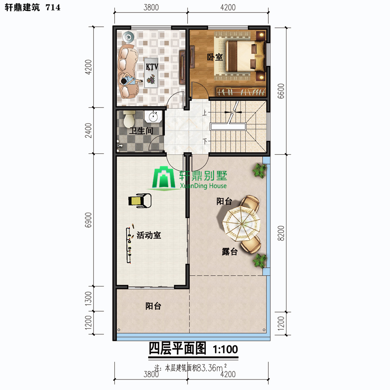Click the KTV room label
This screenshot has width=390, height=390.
tap(152, 67)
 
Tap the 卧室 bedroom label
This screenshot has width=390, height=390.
tap(215, 57)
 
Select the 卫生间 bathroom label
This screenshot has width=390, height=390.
tap(141, 130)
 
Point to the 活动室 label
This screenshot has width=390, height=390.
tap(149, 235)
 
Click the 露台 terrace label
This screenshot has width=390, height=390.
tap(230, 252)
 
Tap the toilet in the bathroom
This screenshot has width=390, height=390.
tap(129, 118)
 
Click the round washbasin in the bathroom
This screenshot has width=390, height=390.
tap(153, 116)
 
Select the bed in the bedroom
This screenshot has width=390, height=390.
tap(245, 56)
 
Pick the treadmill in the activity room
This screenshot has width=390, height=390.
tap(140, 201)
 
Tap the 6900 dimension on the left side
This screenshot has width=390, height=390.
tap(88, 220)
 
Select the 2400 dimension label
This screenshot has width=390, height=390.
tap(88, 130)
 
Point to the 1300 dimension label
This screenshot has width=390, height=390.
tap(88, 299)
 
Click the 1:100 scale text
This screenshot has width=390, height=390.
tap(225, 349)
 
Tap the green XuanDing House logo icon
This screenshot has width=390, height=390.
tap(164, 178)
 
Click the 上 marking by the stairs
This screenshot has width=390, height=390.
tap(205, 113)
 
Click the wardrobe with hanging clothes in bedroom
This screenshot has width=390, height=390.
tap(240, 92)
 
